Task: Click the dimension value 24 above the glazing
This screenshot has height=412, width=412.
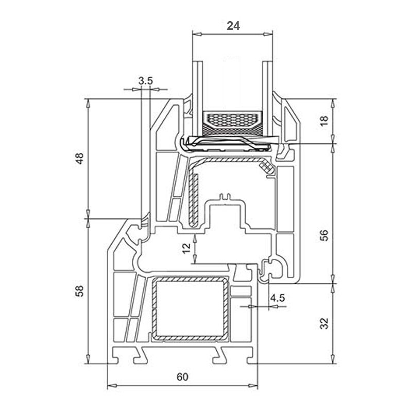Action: tap(233, 26)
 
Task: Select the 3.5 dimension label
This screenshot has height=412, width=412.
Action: tap(146, 81)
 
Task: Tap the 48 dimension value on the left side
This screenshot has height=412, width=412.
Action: tap(79, 159)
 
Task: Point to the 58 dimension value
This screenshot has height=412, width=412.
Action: tap(79, 291)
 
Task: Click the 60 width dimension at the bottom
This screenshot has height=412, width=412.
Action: tap(182, 377)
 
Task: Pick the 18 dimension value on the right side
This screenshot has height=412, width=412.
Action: tap(325, 121)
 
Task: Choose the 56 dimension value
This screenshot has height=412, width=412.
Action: tap(325, 235)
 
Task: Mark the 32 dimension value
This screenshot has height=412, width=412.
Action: tap(325, 323)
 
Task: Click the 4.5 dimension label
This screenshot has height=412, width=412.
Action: tap(278, 298)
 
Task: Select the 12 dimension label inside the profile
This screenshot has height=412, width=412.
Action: tap(186, 248)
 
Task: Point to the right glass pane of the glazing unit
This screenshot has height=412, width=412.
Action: tap(268, 98)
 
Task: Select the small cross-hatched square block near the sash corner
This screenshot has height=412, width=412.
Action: tap(266, 167)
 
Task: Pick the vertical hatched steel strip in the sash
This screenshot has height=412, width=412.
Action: tap(194, 200)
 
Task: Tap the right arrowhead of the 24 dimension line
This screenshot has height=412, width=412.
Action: tap(268, 34)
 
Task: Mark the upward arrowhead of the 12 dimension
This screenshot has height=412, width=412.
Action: tap(195, 238)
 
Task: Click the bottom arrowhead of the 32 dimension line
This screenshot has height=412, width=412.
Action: tap(333, 359)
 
